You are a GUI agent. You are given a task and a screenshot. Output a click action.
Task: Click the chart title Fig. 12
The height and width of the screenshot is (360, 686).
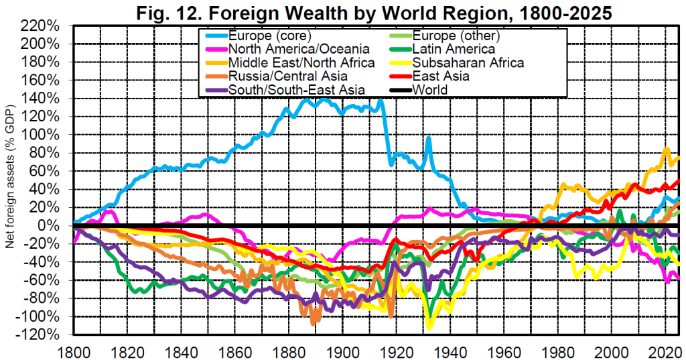(375, 12)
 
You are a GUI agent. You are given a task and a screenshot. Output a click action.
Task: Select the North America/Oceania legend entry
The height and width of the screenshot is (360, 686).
(289, 49)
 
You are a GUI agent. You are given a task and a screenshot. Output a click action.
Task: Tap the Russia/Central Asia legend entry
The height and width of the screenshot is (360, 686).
(282, 76)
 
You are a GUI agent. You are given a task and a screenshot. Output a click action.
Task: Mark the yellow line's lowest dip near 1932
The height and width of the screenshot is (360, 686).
(429, 326)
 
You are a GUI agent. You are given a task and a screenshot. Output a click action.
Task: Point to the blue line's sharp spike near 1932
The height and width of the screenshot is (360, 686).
(428, 138)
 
